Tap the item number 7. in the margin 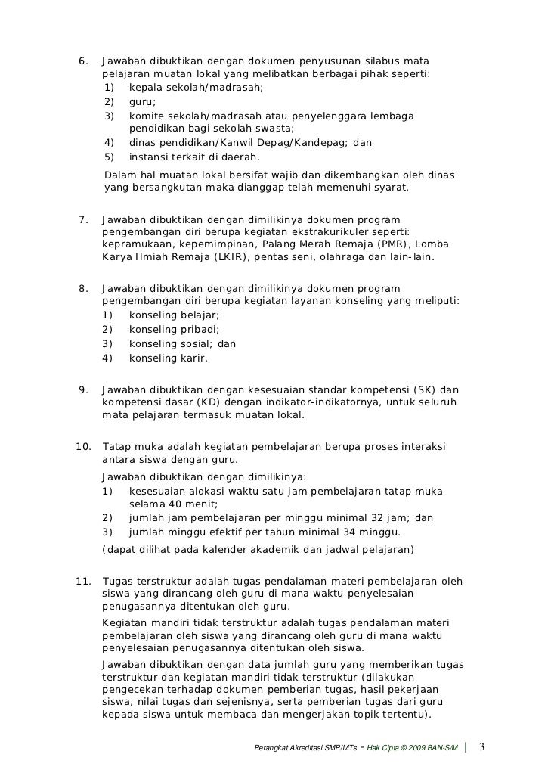pos(84,220)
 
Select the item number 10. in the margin pos(83,447)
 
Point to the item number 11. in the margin pos(83,582)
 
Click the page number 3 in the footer pos(484,747)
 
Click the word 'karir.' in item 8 pos(190,358)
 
